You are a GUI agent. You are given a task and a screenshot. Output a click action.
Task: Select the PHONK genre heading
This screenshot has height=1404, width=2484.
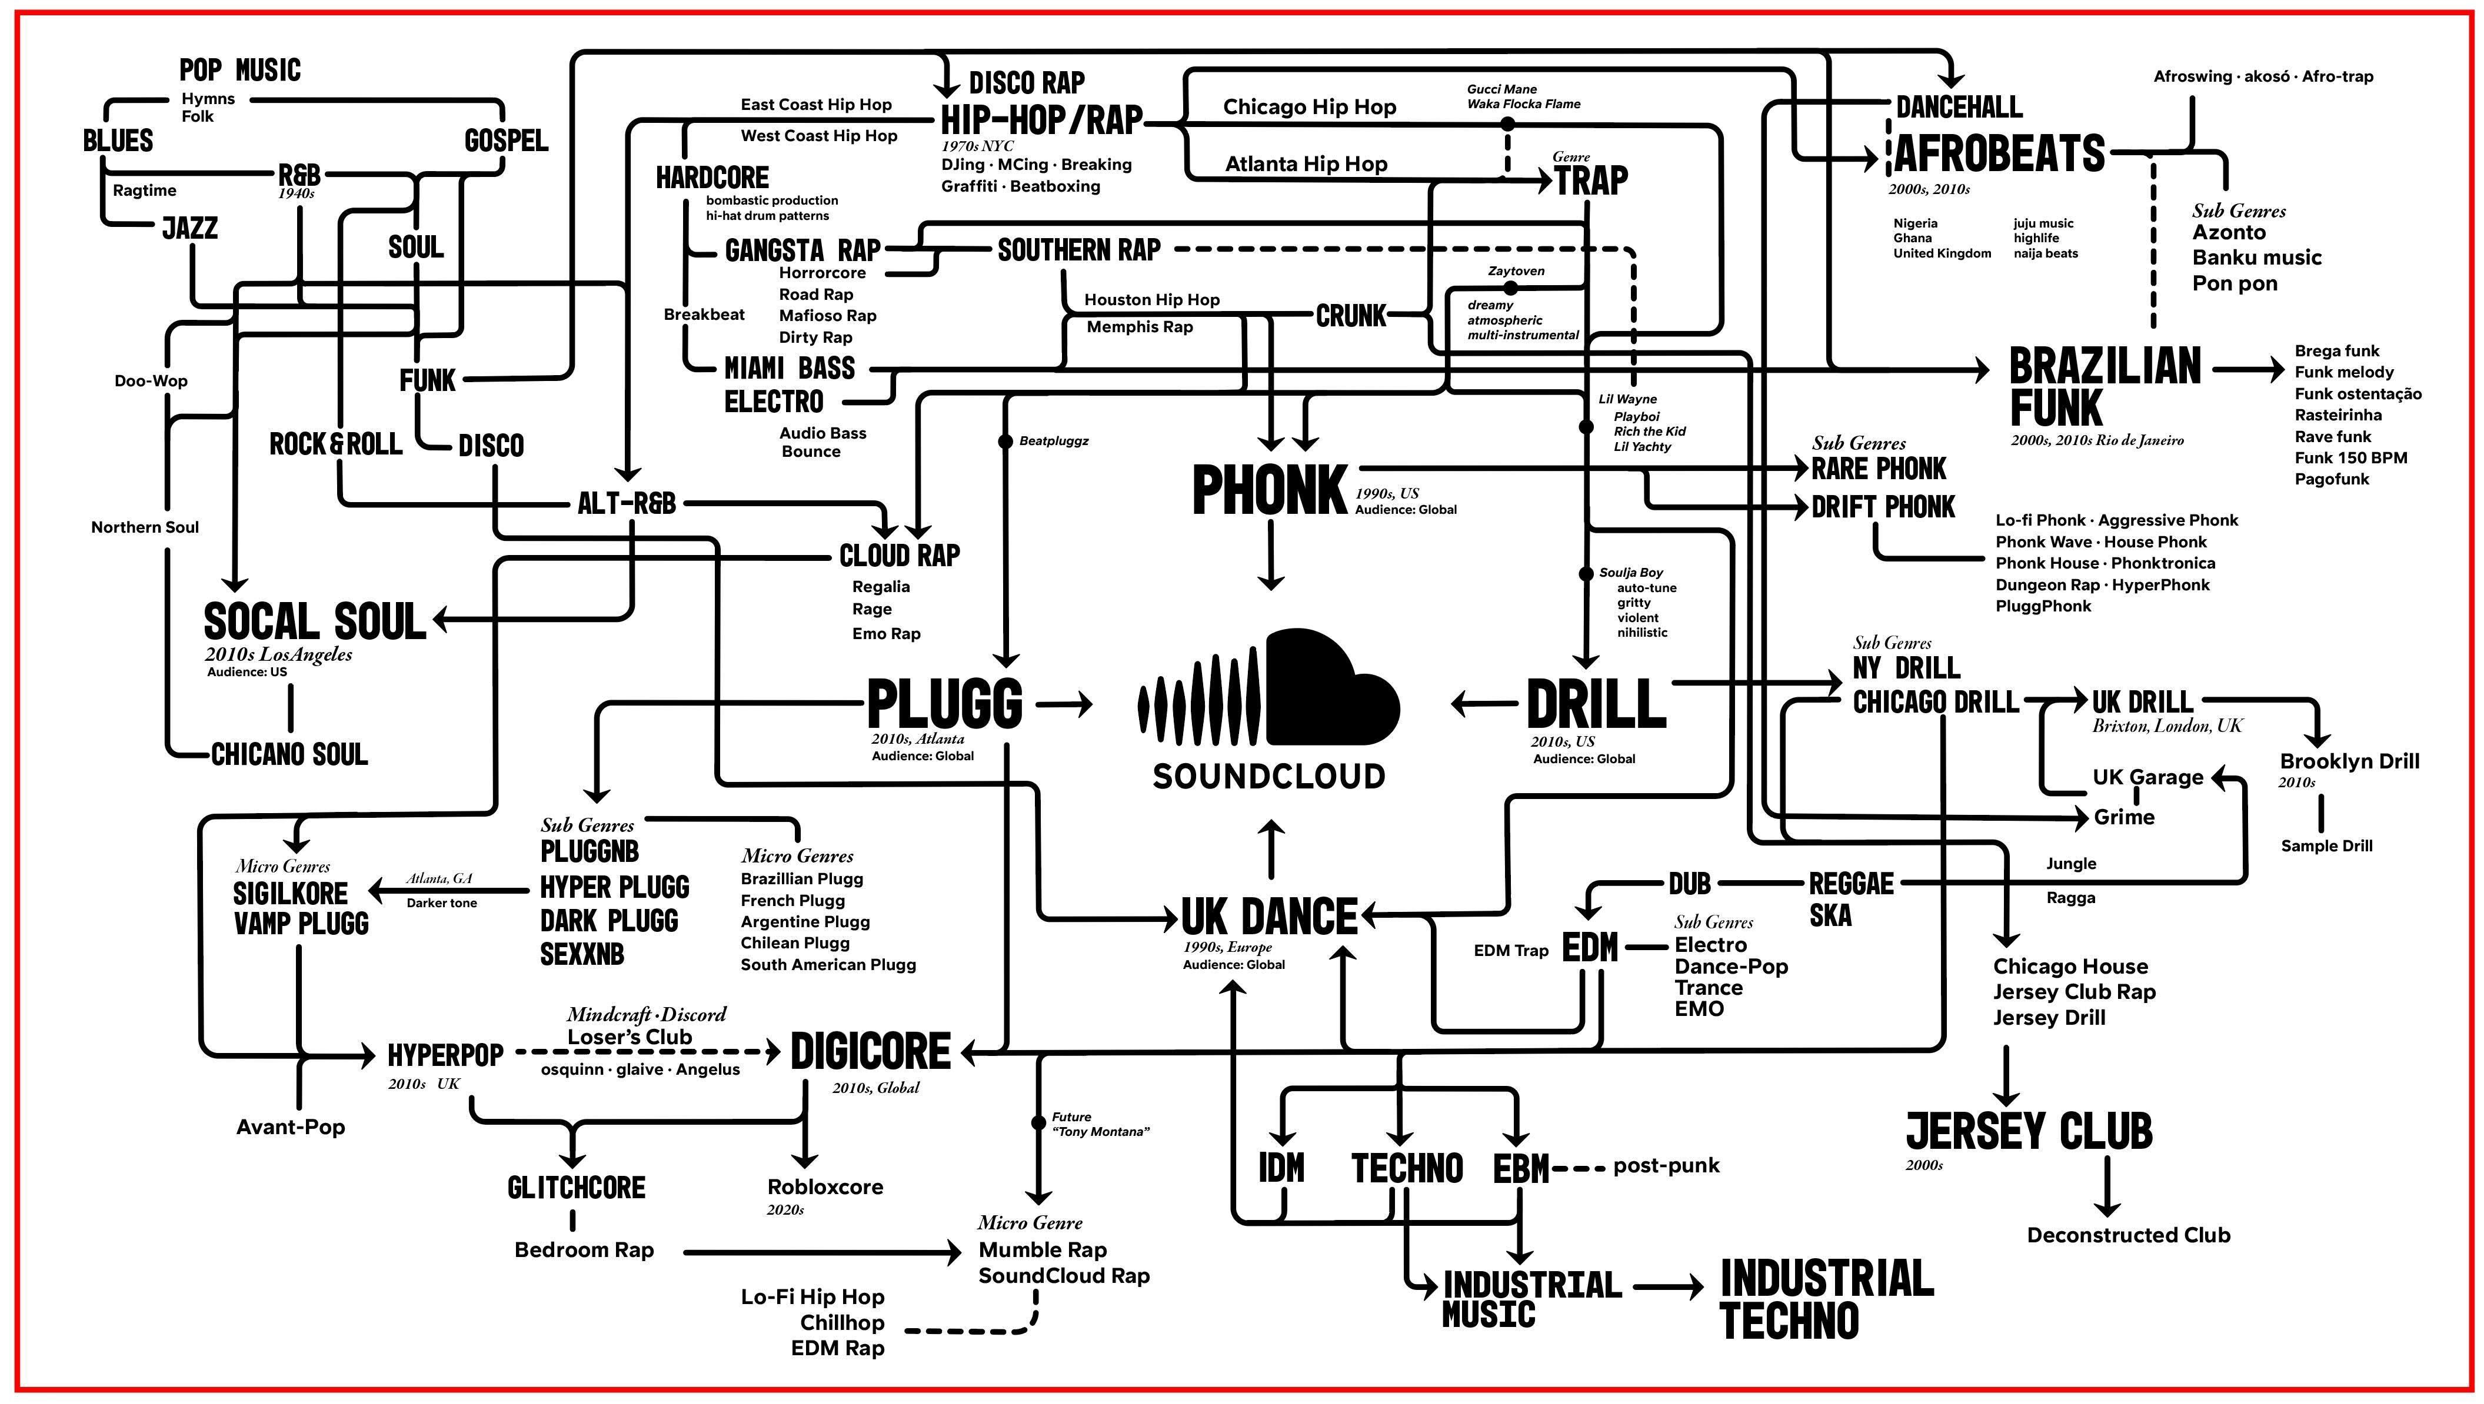(x=1270, y=490)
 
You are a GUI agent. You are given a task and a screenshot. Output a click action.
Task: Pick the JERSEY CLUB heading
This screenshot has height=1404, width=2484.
(x=2029, y=1131)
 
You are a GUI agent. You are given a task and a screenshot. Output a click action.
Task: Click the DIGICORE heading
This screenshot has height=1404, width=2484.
(x=870, y=1052)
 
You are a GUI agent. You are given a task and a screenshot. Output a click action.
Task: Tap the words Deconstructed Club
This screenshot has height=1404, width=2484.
(x=2128, y=1235)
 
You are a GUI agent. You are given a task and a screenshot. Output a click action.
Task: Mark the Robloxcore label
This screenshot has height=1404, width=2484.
(x=825, y=1187)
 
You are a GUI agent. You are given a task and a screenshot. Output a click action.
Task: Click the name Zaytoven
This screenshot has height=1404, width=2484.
(x=1516, y=271)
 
